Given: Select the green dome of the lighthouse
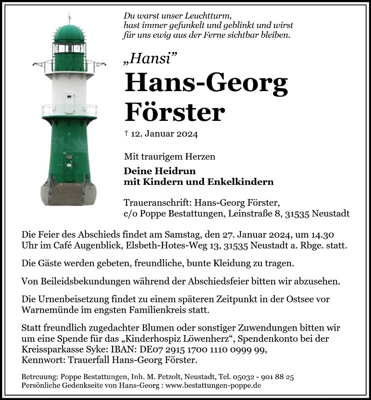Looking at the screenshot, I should pyautogui.click(x=69, y=34).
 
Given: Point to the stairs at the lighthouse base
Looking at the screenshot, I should pyautogui.click(x=66, y=194).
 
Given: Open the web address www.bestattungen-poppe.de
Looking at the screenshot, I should pyautogui.click(x=216, y=385).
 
